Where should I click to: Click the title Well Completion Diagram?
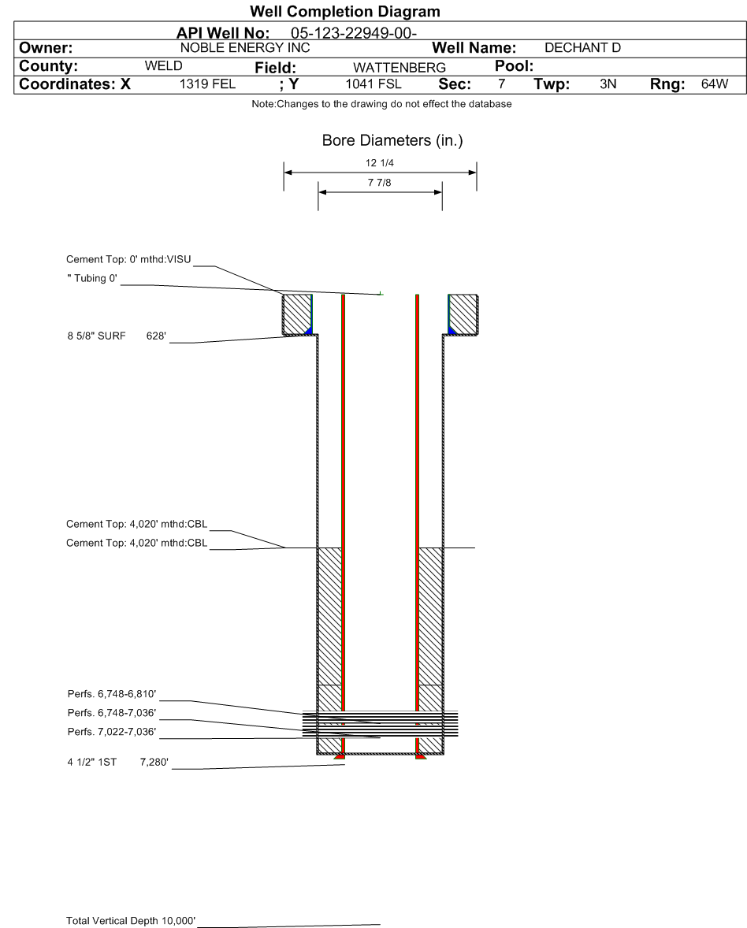[345, 11]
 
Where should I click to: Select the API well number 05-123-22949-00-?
[354, 33]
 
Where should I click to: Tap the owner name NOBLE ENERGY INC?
[245, 48]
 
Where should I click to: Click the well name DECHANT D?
[582, 48]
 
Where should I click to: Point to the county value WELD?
[163, 65]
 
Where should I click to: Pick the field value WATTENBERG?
[400, 68]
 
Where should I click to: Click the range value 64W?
[715, 84]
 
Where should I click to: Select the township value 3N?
[608, 84]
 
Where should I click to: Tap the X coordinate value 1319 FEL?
[208, 84]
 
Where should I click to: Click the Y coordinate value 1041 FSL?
[373, 84]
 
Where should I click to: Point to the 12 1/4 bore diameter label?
[380, 163]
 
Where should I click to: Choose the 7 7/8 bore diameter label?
[380, 183]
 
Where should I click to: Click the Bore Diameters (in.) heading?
[392, 141]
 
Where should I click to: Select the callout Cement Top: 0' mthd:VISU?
[128, 259]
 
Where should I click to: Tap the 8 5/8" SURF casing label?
[96, 336]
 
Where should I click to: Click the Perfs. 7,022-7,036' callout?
[112, 732]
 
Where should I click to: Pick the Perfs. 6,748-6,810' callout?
[112, 693]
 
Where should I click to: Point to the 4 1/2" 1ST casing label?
[91, 763]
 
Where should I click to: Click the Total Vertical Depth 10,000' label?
[131, 921]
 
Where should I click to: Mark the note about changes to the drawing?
[382, 104]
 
